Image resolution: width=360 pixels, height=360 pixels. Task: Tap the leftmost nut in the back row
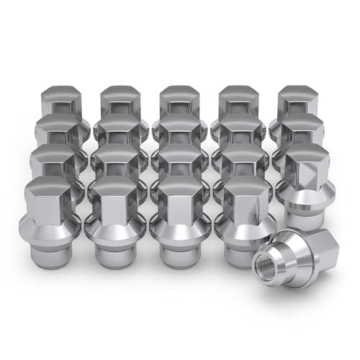(61, 101)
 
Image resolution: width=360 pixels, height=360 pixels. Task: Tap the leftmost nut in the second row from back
(56, 130)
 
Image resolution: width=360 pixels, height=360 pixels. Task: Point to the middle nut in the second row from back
(180, 130)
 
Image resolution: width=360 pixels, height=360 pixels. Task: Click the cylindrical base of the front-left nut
(53, 252)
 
